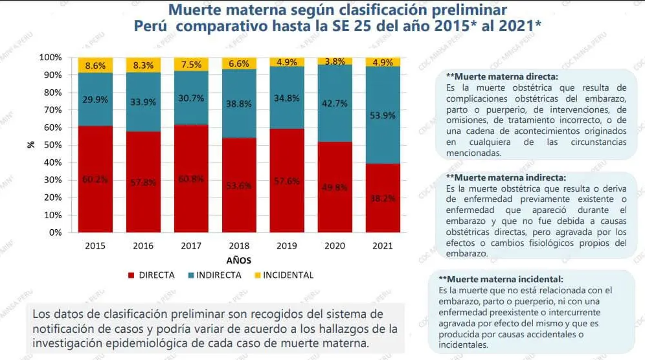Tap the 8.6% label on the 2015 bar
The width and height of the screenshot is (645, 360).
95,65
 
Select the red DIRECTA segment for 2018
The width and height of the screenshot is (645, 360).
239,185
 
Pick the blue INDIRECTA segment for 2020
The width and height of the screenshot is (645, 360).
335,104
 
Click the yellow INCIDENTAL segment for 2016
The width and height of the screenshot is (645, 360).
143,65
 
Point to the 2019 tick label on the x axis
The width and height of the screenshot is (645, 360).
287,247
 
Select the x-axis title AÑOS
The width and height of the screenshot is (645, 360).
239,260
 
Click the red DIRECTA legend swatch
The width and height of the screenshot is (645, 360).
133,275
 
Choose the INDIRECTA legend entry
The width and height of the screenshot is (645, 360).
218,275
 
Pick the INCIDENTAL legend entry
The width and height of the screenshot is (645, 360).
288,275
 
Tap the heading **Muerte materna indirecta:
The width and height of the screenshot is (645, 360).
506,177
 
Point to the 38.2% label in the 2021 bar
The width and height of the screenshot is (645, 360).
383,198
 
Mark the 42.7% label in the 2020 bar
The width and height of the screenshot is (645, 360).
335,104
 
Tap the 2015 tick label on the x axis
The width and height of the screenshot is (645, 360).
95,247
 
